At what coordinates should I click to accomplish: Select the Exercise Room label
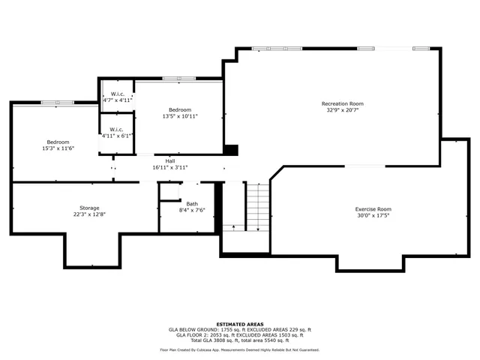click(x=373, y=208)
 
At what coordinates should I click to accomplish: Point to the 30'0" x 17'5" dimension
click(x=373, y=215)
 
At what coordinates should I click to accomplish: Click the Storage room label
click(x=89, y=207)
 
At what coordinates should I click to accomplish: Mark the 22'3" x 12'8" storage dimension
click(x=89, y=214)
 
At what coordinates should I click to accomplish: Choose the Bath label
click(x=192, y=203)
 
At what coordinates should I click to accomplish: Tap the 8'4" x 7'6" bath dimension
click(x=192, y=210)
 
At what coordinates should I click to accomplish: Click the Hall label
click(x=170, y=160)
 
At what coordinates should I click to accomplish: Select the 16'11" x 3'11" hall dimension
click(x=170, y=167)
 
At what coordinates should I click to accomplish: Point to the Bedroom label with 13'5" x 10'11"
click(x=180, y=109)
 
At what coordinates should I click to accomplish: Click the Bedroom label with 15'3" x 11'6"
click(x=58, y=142)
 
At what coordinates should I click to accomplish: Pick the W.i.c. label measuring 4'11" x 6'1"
click(x=116, y=129)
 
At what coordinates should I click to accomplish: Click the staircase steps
click(x=257, y=206)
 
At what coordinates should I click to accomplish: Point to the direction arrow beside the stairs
click(x=233, y=226)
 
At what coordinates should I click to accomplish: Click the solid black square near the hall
click(x=231, y=150)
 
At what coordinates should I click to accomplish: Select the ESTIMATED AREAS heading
click(x=239, y=324)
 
